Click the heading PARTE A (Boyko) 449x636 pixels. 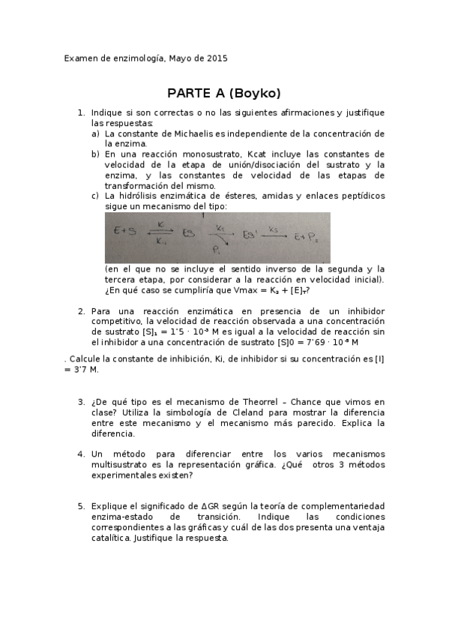pyautogui.click(x=224, y=93)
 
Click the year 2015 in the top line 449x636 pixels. pyautogui.click(x=217, y=58)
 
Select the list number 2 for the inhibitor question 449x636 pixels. pyautogui.click(x=81, y=311)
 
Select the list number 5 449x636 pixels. pyautogui.click(x=81, y=506)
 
